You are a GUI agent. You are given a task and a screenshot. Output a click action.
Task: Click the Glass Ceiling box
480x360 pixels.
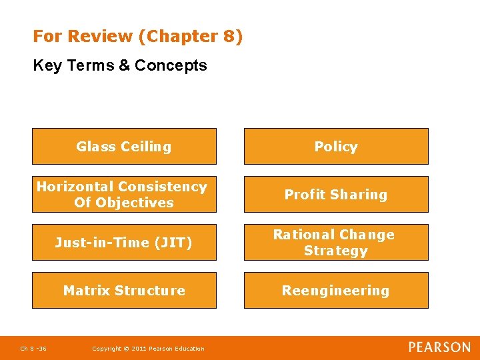point(124,146)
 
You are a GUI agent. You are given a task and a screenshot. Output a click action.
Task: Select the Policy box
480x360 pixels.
point(336,146)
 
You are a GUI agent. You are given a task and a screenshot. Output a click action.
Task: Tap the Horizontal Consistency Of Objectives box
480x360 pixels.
point(124,194)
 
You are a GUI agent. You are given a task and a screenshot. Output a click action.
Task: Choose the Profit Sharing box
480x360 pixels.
point(336,194)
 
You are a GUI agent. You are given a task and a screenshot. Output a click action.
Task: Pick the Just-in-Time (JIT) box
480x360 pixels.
point(124,242)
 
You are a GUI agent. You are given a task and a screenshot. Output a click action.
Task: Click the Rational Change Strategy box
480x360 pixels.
point(336,242)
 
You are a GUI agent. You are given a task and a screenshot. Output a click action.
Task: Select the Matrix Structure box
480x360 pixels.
point(124,290)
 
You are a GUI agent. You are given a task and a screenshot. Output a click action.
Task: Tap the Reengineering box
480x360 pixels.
point(336,290)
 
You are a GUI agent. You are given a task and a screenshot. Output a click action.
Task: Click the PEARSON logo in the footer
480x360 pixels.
point(439,347)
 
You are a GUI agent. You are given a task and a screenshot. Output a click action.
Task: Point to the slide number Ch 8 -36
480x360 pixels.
point(33,348)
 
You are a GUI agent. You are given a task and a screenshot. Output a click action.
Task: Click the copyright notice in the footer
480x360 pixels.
point(148,348)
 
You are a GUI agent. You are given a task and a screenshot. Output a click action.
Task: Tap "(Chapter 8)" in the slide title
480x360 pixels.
point(191,36)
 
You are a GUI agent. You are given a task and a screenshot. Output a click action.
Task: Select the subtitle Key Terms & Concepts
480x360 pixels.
point(120,65)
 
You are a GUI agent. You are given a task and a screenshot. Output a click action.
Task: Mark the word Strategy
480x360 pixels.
point(336,251)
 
